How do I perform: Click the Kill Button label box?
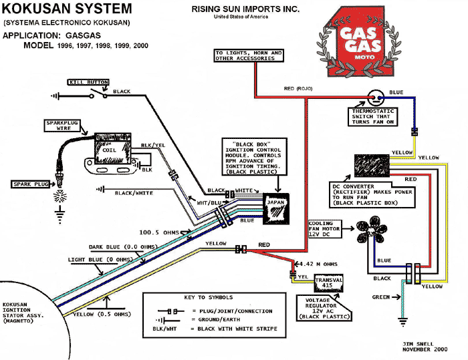(x=87, y=81)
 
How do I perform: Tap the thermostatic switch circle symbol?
(x=373, y=98)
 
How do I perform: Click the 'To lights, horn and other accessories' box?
(x=248, y=55)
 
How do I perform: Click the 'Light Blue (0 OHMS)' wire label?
(x=100, y=259)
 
